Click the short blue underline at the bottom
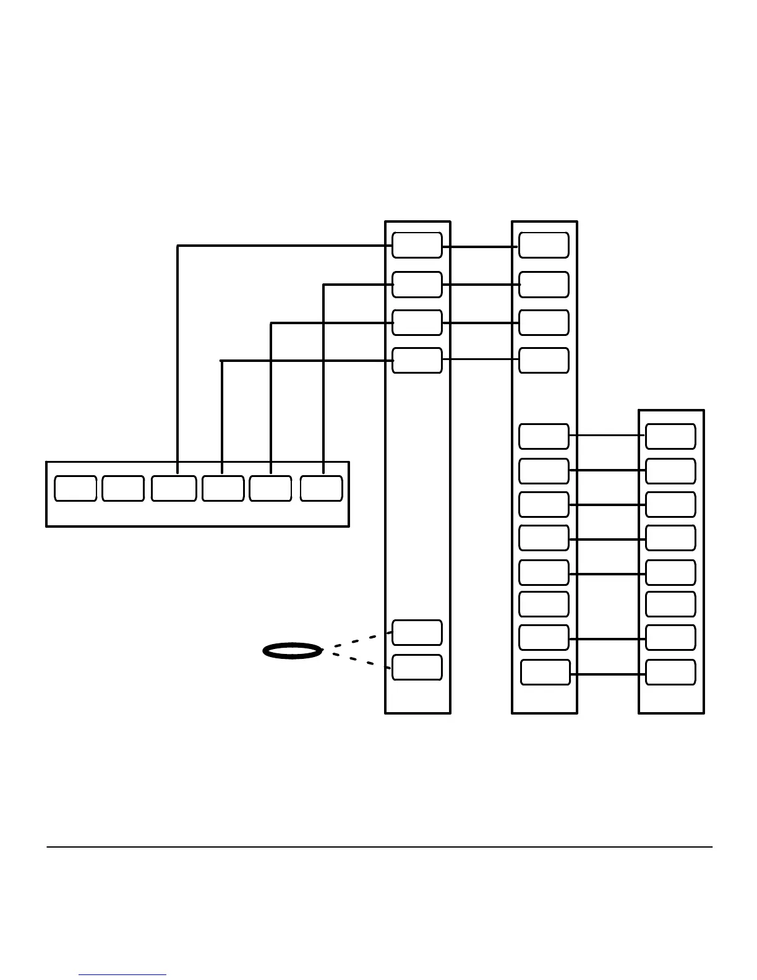click(122, 975)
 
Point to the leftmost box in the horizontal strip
click(75, 488)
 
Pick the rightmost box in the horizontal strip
click(321, 488)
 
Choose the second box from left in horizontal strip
click(123, 488)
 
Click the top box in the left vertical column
click(417, 245)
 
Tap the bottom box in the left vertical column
click(417, 667)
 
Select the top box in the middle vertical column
click(544, 245)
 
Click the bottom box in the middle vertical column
click(545, 673)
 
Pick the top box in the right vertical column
click(670, 436)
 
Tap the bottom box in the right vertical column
click(670, 673)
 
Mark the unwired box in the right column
click(670, 604)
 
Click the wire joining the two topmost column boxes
click(480, 247)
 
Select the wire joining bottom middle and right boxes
click(607, 674)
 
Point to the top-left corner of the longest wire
click(178, 246)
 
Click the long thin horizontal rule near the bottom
click(380, 847)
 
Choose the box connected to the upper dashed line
click(417, 632)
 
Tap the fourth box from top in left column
click(417, 360)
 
